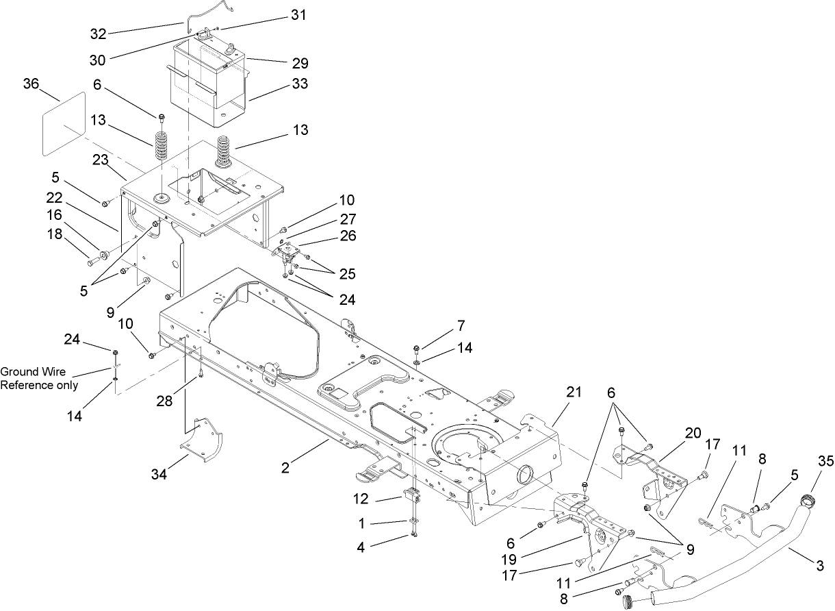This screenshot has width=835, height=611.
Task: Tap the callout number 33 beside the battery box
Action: click(x=300, y=84)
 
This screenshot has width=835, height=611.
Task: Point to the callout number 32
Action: click(x=100, y=33)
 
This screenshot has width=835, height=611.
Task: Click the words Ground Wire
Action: click(x=33, y=372)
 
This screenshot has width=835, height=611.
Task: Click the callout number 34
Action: click(x=163, y=475)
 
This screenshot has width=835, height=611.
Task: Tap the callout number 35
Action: click(x=826, y=462)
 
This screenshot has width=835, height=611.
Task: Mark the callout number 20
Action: click(x=693, y=432)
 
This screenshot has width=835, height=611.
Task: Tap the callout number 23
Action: click(x=101, y=160)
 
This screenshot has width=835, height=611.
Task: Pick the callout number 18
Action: click(x=55, y=234)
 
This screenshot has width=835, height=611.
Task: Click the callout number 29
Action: click(x=300, y=64)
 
